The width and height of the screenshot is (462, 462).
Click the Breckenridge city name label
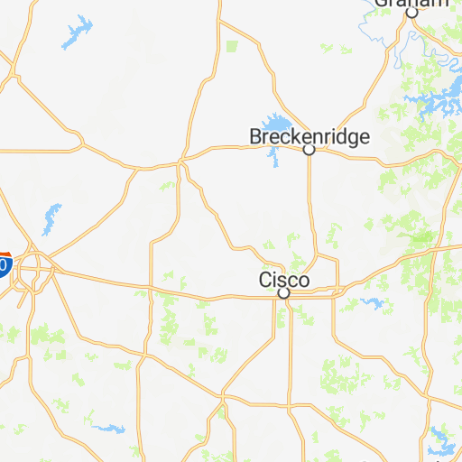310,137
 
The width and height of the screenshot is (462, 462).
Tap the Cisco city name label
284,280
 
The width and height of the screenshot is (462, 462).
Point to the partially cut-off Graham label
411,4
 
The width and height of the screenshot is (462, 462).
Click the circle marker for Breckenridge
309,150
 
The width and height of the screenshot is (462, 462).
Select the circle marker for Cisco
283,293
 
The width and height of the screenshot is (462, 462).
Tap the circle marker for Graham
411,14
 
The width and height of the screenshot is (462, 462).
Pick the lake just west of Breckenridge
273,126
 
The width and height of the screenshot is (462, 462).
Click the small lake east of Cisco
369,302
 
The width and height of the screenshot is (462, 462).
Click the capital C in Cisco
266,280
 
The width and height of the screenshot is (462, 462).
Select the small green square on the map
232,45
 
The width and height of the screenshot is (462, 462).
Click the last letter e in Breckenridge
364,138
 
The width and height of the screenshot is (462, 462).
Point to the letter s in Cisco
282,281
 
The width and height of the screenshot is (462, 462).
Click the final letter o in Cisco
303,281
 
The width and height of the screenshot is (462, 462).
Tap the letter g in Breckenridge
352,140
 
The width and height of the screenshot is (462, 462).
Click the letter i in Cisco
275,280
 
